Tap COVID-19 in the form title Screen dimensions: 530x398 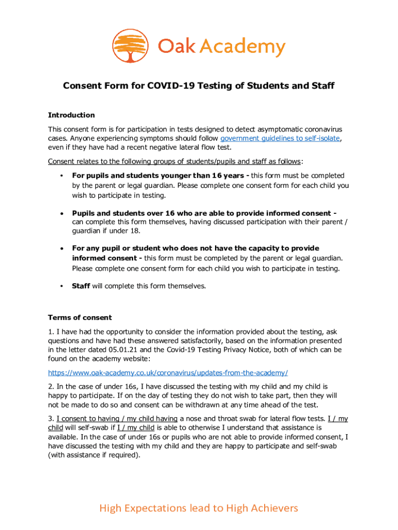[x=172, y=85]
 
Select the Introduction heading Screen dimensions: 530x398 [x=71, y=115]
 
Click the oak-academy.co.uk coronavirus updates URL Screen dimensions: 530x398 [x=167, y=373]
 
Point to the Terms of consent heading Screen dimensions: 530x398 [x=80, y=317]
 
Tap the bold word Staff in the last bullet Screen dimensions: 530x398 [x=81, y=285]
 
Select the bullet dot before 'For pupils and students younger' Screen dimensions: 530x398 [x=62, y=175]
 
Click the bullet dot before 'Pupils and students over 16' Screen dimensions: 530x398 [x=62, y=213]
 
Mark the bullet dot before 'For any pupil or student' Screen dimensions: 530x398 [x=62, y=248]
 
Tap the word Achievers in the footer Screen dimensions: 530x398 [x=273, y=508]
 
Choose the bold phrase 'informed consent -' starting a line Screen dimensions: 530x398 [x=107, y=258]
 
